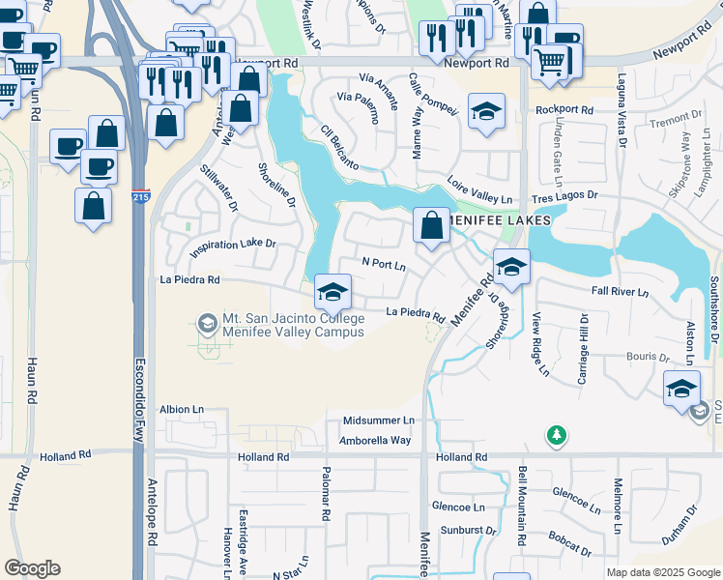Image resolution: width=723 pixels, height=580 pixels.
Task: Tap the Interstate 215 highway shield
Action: pos(141,197)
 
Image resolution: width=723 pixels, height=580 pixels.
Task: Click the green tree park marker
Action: pos(556,436)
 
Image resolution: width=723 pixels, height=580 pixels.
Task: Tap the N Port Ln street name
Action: pos(384,262)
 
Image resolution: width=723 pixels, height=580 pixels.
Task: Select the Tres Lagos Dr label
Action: pos(564,195)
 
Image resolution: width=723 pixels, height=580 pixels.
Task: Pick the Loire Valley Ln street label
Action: pos(480,190)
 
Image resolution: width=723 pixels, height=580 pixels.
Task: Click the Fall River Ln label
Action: pos(616,291)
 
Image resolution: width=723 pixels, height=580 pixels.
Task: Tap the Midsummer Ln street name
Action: pos(378,421)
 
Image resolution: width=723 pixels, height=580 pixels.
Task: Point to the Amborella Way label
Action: pos(375,440)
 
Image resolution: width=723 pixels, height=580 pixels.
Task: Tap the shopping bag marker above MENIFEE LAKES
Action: pos(431,225)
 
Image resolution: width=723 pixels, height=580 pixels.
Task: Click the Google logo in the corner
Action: pos(32,568)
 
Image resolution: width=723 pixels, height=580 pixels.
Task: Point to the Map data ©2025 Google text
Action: pos(662,572)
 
